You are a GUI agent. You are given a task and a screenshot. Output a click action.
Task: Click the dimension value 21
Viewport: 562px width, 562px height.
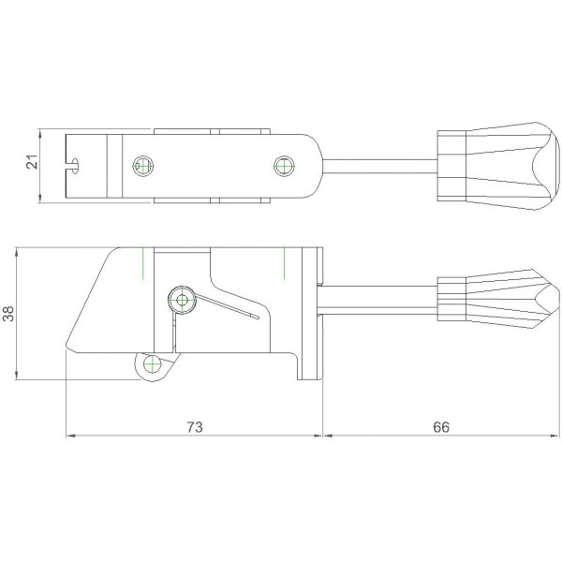point(32,162)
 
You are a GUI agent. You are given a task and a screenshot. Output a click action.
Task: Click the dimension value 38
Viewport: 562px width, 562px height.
point(8,314)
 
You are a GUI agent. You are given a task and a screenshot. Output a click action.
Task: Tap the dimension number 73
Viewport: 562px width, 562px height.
point(195,427)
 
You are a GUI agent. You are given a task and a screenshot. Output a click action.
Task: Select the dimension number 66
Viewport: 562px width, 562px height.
point(441,427)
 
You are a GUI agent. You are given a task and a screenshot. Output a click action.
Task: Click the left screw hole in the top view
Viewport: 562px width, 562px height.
point(143,166)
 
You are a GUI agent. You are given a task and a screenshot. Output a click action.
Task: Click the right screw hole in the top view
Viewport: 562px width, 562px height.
point(284,166)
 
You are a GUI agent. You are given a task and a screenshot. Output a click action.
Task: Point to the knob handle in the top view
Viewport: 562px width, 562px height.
point(498,166)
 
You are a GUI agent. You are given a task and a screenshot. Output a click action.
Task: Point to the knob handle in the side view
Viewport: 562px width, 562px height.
point(498,299)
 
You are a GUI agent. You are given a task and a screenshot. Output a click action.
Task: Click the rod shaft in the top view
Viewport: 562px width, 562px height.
point(380,167)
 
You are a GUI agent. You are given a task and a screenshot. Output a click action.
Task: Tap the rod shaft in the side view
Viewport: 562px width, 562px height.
point(377,301)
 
